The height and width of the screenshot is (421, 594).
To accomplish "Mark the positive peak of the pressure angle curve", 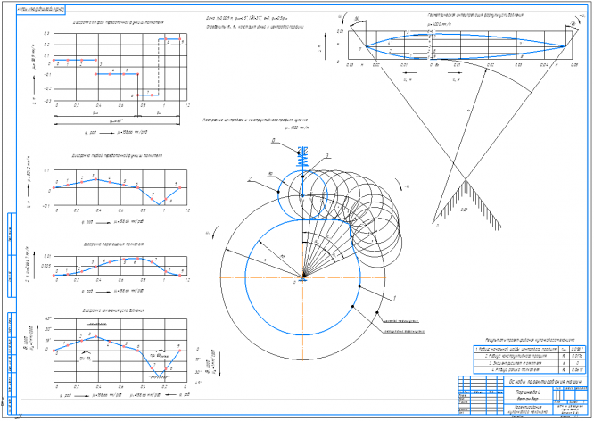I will click(96, 337).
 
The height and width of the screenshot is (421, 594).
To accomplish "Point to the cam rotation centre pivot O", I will click(303, 279).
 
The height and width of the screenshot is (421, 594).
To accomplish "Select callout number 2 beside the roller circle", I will click(252, 177).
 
